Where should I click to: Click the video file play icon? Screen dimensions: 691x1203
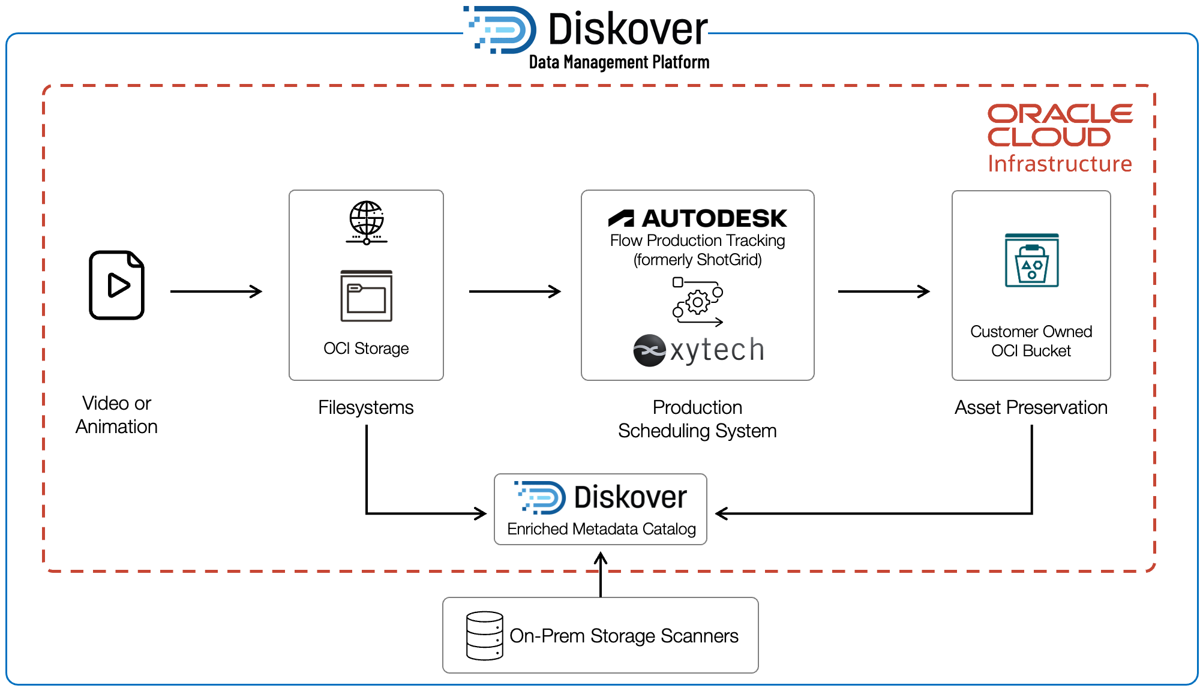tap(117, 285)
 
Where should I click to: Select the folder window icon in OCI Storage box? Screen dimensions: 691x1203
tap(367, 296)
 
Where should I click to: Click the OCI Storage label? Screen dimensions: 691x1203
tap(366, 348)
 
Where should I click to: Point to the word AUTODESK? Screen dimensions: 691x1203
tap(713, 218)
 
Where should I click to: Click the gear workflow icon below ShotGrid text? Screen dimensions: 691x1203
tap(698, 302)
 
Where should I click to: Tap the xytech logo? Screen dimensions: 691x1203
tap(699, 350)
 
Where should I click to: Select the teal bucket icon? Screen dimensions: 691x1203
tap(1031, 260)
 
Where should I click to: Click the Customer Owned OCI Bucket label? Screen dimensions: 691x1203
tap(1031, 341)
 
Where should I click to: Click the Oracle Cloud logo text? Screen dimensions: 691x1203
tap(1059, 125)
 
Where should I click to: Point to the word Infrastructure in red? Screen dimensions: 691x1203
tap(1060, 164)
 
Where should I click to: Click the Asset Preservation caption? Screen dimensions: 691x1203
tap(1031, 407)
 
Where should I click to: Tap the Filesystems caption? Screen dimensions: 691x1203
tap(366, 407)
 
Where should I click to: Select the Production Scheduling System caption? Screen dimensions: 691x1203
tap(697, 419)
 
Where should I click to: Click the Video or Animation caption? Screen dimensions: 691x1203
tap(116, 414)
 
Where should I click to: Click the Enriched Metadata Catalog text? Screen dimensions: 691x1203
tap(601, 529)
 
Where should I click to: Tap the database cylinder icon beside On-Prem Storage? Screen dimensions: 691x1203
tap(485, 636)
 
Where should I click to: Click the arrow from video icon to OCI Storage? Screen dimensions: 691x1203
tap(216, 292)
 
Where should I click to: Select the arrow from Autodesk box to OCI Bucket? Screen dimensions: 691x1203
tap(883, 292)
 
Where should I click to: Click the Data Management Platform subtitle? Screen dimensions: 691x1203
tap(619, 62)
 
